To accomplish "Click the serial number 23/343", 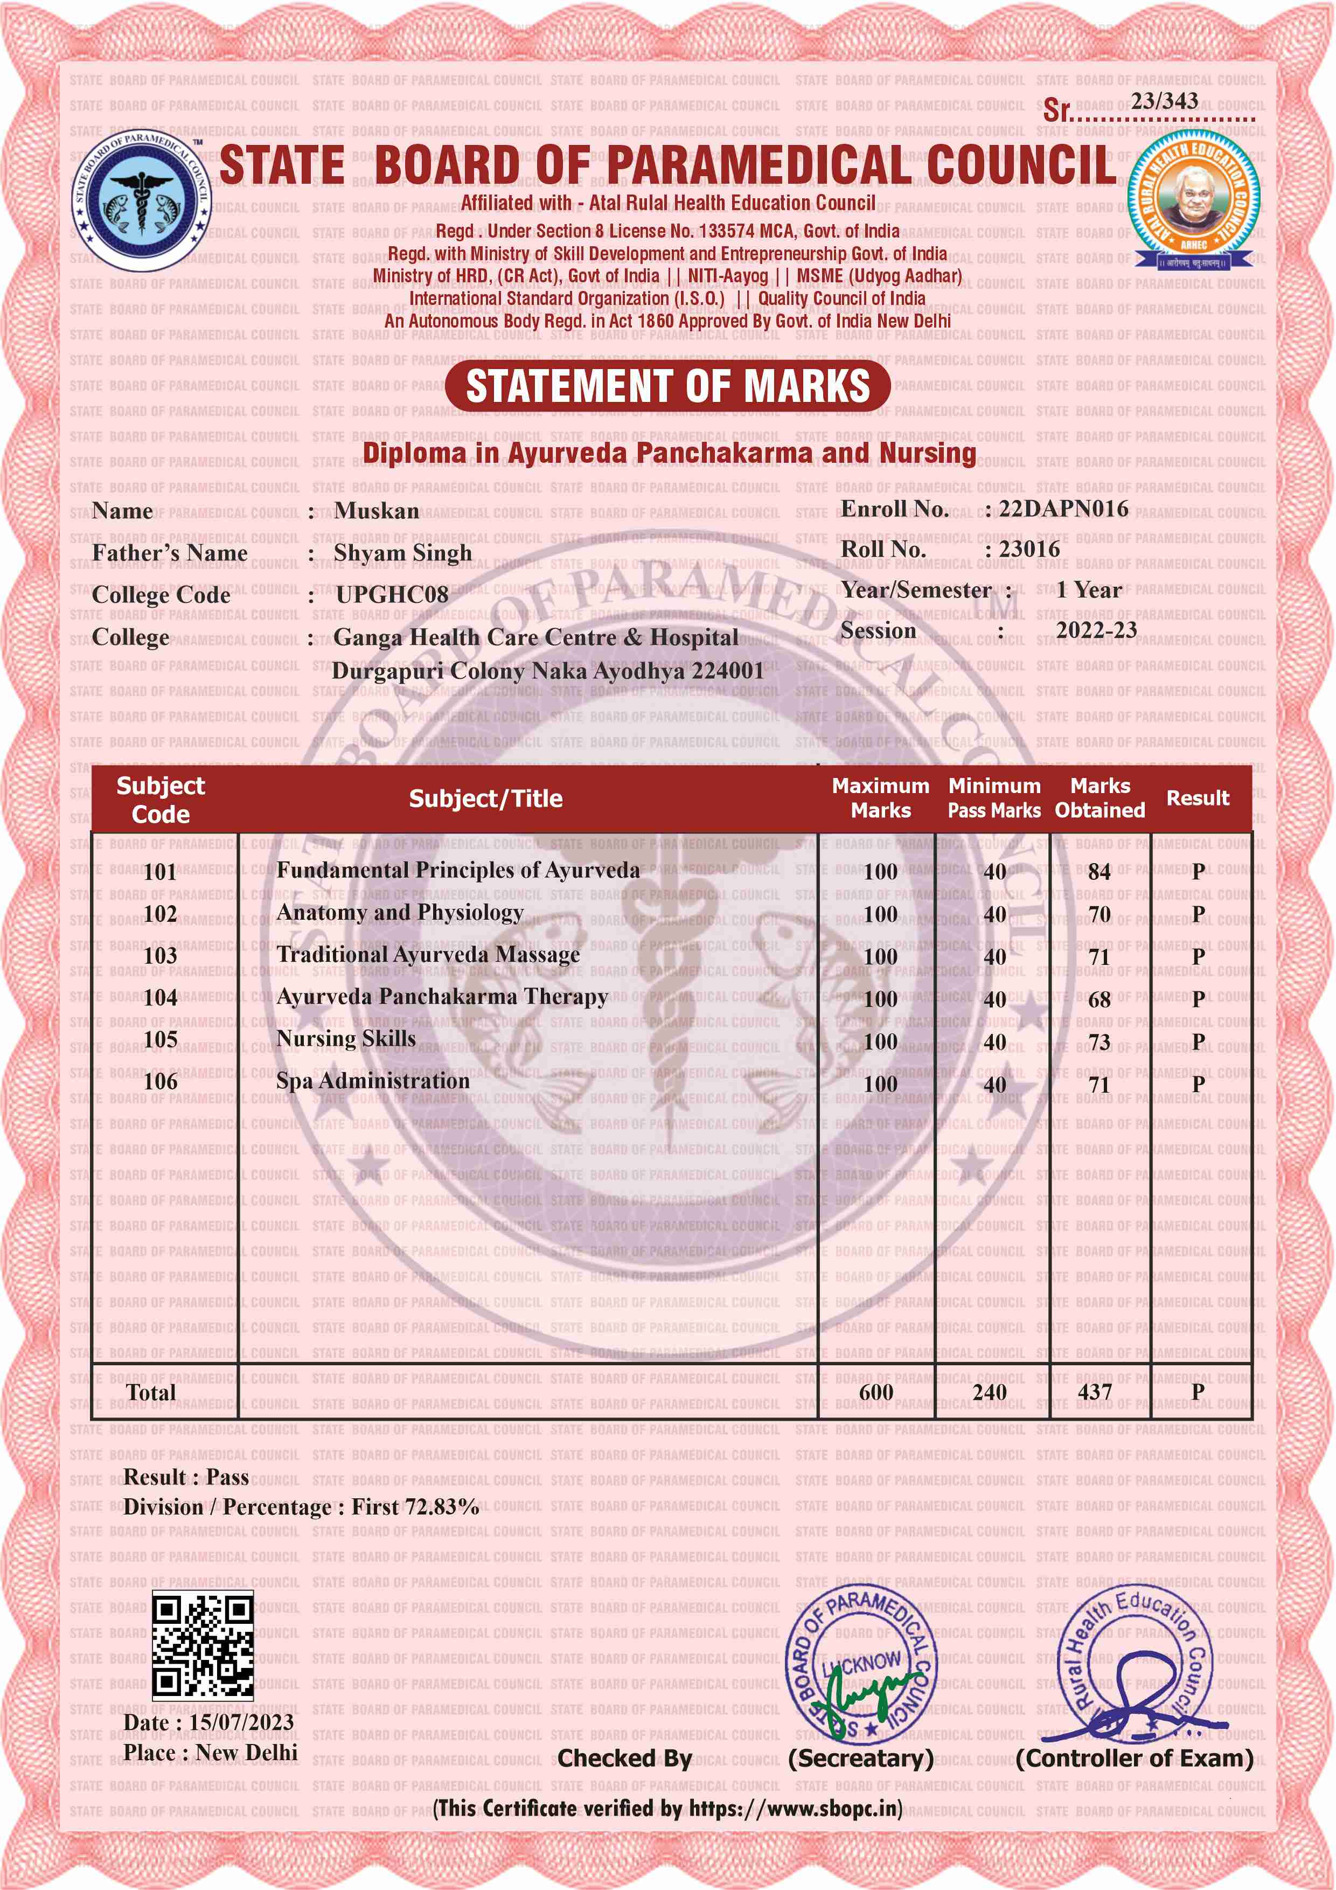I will pyautogui.click(x=1164, y=101).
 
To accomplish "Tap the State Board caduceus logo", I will pyautogui.click(x=141, y=199).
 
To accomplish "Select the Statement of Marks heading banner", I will pyautogui.click(x=667, y=386).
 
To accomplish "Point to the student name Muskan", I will pyautogui.click(x=376, y=511).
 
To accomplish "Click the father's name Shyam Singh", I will pyautogui.click(x=402, y=553).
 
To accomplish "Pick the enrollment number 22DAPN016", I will pyautogui.click(x=1063, y=509).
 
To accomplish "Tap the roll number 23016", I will pyautogui.click(x=1029, y=549).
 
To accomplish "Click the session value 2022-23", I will pyautogui.click(x=1096, y=630).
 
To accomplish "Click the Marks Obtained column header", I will pyautogui.click(x=1100, y=798).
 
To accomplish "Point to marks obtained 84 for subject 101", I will pyautogui.click(x=1099, y=872).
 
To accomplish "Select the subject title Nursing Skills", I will pyautogui.click(x=346, y=1039).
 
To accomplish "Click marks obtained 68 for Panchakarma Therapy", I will pyautogui.click(x=1099, y=999).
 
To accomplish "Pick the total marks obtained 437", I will pyautogui.click(x=1095, y=1392).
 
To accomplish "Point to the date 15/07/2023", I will pyautogui.click(x=241, y=1722).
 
